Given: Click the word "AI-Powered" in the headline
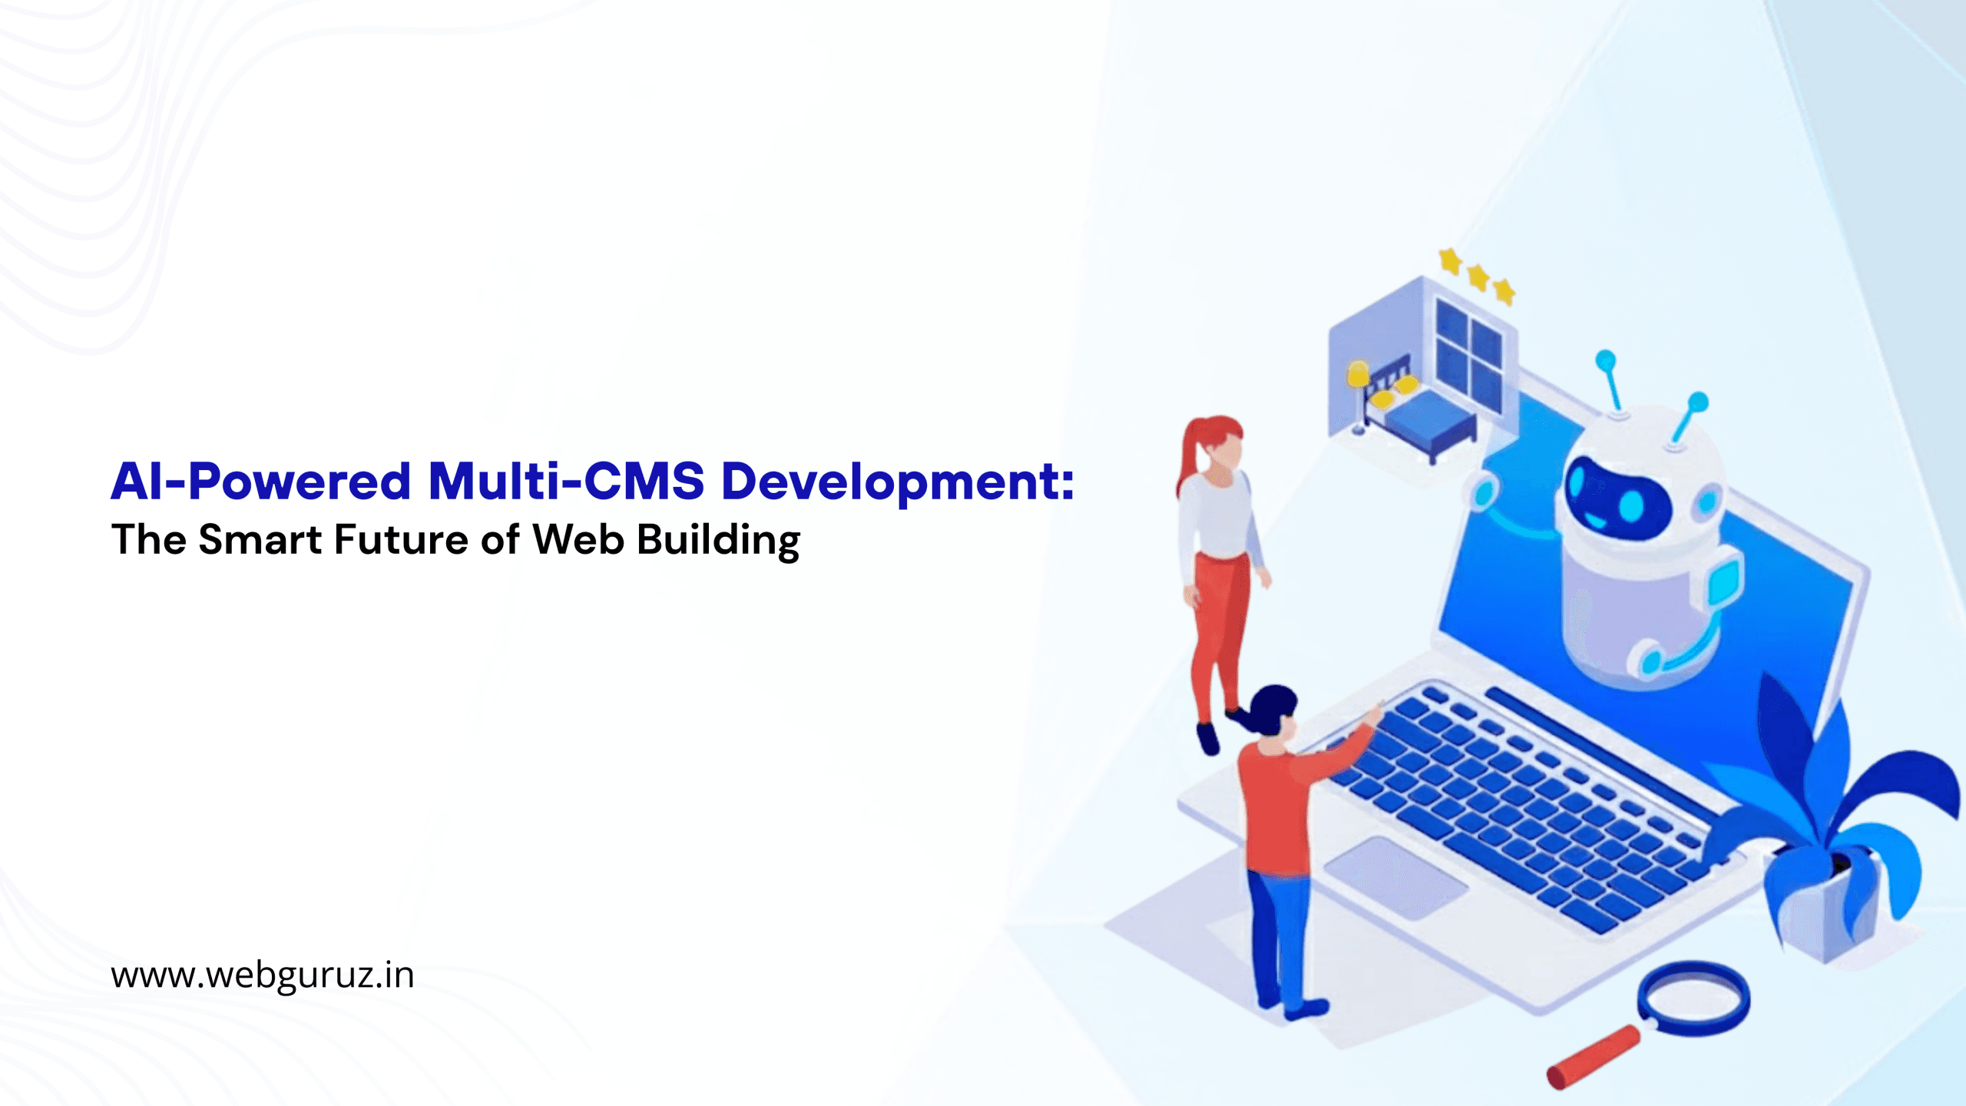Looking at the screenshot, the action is point(261,482).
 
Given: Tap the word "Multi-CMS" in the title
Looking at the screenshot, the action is point(566,481).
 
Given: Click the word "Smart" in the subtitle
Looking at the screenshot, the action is point(260,539).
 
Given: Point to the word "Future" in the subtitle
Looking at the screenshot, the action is point(401,539).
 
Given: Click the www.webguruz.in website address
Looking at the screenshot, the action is point(263,975).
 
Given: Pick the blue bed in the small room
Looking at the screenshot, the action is point(1425,419).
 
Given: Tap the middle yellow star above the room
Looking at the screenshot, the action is point(1478,276).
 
